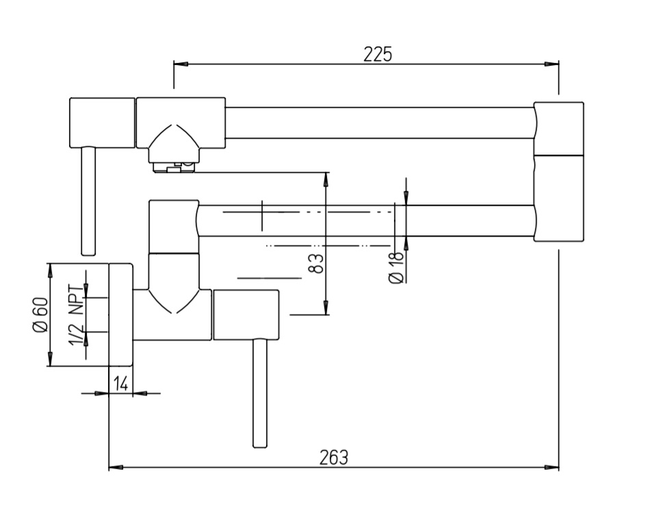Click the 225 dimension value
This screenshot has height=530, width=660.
(x=378, y=54)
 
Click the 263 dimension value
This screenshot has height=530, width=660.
(x=334, y=458)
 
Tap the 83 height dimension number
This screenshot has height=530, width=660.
(x=317, y=263)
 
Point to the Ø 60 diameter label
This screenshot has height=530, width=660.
(x=40, y=315)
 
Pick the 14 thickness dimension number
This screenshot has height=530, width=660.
(x=121, y=384)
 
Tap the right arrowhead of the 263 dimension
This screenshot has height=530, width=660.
(x=552, y=467)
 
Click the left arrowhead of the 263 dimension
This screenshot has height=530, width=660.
(x=116, y=467)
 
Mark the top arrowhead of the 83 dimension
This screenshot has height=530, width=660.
(x=326, y=179)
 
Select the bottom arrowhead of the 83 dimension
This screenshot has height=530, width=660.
(x=326, y=307)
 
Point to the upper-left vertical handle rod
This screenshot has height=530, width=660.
(x=88, y=201)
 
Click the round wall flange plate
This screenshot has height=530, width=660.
(x=121, y=315)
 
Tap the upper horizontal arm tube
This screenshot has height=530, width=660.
(x=380, y=123)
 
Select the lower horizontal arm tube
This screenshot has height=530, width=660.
(x=366, y=221)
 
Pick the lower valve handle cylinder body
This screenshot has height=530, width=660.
(x=246, y=315)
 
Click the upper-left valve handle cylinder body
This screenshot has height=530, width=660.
(x=103, y=122)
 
